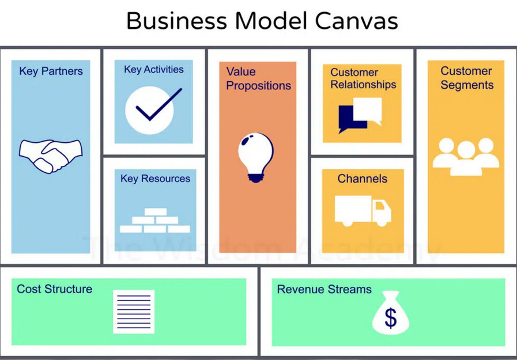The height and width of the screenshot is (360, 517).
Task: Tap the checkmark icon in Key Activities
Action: tap(153, 107)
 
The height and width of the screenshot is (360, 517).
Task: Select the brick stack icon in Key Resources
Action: tap(155, 221)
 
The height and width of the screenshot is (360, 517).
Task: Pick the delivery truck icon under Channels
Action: tap(363, 211)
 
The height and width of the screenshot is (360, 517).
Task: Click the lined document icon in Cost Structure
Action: tap(134, 312)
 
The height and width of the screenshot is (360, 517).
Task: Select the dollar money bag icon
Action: tap(391, 314)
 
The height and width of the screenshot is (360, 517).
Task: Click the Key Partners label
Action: tap(51, 71)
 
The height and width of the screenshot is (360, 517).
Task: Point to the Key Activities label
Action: tap(153, 70)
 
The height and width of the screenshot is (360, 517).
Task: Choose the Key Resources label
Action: tap(155, 179)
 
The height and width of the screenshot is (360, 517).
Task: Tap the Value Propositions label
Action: tap(258, 79)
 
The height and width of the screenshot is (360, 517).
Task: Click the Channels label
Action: tap(363, 179)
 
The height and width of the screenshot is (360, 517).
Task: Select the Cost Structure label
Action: tap(54, 289)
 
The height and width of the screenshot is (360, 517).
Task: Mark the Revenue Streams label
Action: tap(324, 289)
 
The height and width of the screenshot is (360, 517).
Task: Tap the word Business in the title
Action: tap(176, 21)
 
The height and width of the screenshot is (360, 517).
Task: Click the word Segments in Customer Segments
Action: tap(467, 85)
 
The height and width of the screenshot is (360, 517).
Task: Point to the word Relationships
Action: tap(363, 85)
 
